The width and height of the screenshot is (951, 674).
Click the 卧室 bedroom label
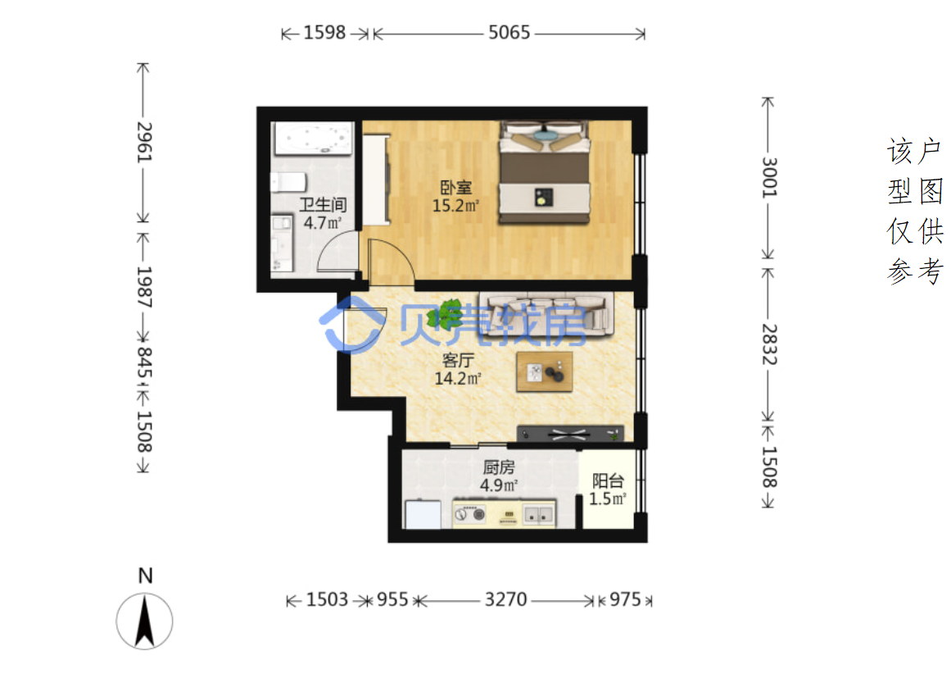[x=456, y=188]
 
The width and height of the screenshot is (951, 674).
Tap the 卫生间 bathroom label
[x=323, y=205]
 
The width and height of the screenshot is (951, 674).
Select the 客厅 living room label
[x=458, y=360]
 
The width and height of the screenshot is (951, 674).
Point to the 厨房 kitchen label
[x=499, y=467]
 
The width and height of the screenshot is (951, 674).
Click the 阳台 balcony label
[x=608, y=481]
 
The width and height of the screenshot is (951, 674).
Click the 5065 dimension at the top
[x=509, y=32]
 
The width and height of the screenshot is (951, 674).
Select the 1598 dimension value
[x=324, y=32]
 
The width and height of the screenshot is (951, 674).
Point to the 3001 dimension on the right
[x=769, y=177]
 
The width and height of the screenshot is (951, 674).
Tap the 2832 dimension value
[x=769, y=344]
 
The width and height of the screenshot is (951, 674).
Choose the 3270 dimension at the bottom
[x=506, y=599]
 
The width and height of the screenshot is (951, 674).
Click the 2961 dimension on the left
[x=143, y=142]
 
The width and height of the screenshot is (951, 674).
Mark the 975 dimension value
[x=625, y=599]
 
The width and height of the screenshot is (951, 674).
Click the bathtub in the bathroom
[x=312, y=139]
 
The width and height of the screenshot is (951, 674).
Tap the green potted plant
[x=446, y=315]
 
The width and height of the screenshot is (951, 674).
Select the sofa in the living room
[x=546, y=313]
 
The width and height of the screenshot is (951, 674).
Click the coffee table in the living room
[x=544, y=371]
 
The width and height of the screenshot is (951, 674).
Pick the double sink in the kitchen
[x=539, y=515]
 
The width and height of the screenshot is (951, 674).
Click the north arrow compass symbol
[x=144, y=621]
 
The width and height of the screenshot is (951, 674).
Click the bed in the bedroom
[x=544, y=172]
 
